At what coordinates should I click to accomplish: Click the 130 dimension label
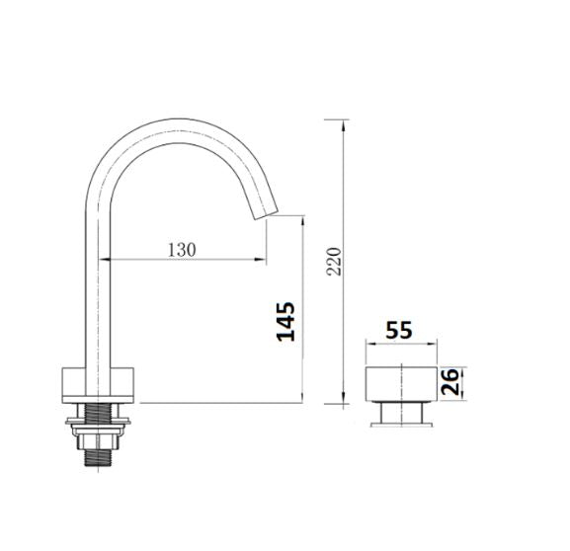click(x=182, y=249)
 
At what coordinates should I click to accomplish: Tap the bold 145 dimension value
click(x=285, y=322)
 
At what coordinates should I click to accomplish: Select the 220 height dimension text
click(x=334, y=262)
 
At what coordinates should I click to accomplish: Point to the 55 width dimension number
click(x=399, y=330)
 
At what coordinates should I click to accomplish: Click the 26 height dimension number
click(x=449, y=381)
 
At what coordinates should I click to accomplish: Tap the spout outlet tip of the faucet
click(x=266, y=214)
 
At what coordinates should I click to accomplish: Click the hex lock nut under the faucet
click(x=98, y=440)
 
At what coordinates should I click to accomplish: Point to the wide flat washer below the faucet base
click(x=98, y=422)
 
